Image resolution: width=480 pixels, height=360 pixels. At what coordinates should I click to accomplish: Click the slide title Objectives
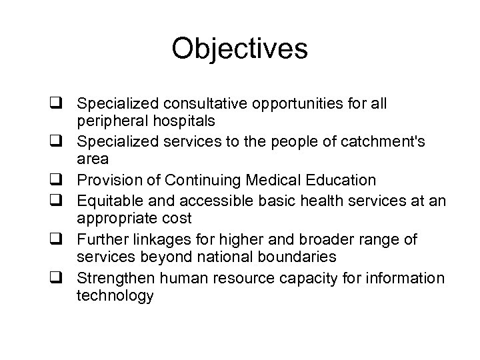239,49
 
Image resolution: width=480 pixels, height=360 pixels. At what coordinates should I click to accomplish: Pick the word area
91,159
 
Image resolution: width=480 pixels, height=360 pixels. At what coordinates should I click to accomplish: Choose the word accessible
199,199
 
